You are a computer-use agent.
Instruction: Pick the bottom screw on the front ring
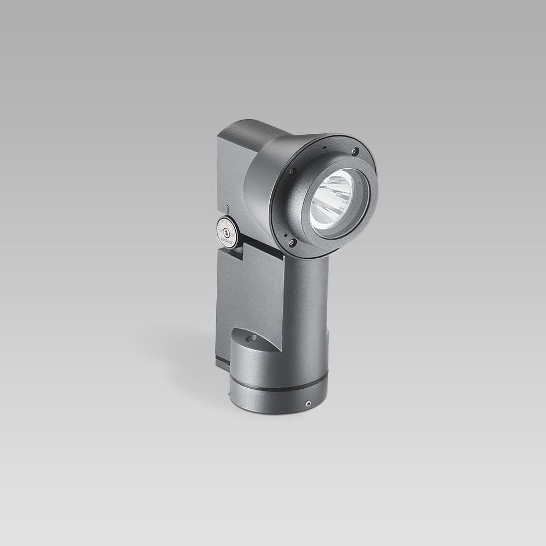[292, 242]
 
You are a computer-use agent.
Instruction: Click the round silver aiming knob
[227, 232]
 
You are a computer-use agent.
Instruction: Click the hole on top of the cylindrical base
[251, 339]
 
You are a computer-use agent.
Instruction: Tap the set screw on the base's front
[308, 404]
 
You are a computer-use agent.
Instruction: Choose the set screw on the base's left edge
[230, 391]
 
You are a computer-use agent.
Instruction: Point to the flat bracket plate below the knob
[248, 289]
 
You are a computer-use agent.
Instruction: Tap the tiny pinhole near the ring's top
[324, 147]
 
